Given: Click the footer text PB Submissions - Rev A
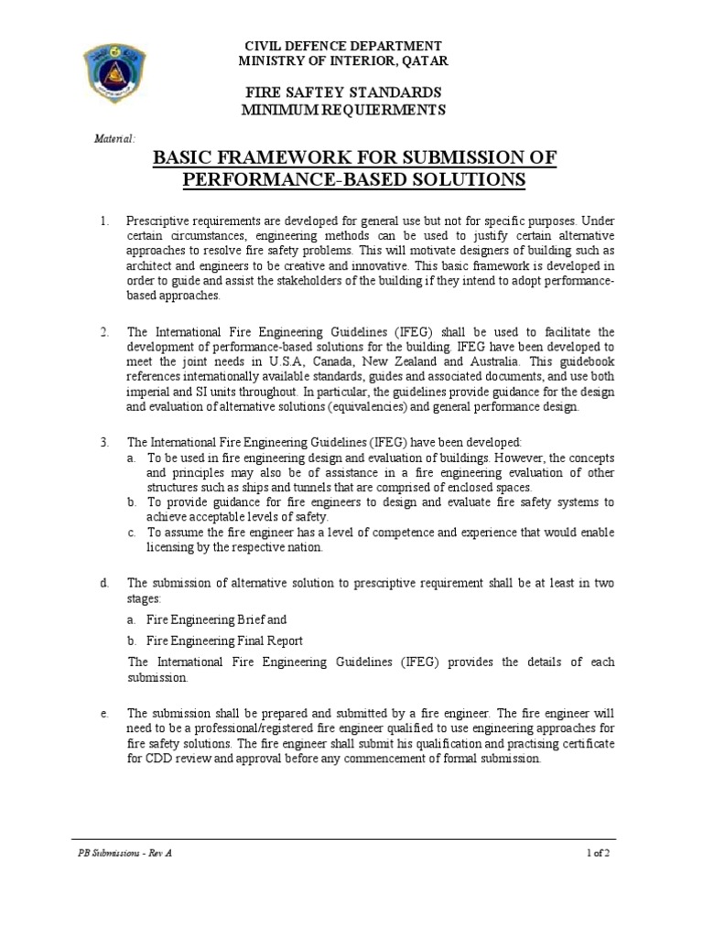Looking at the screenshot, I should pyautogui.click(x=124, y=853).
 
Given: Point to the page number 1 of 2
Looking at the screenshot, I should pyautogui.click(x=598, y=853).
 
